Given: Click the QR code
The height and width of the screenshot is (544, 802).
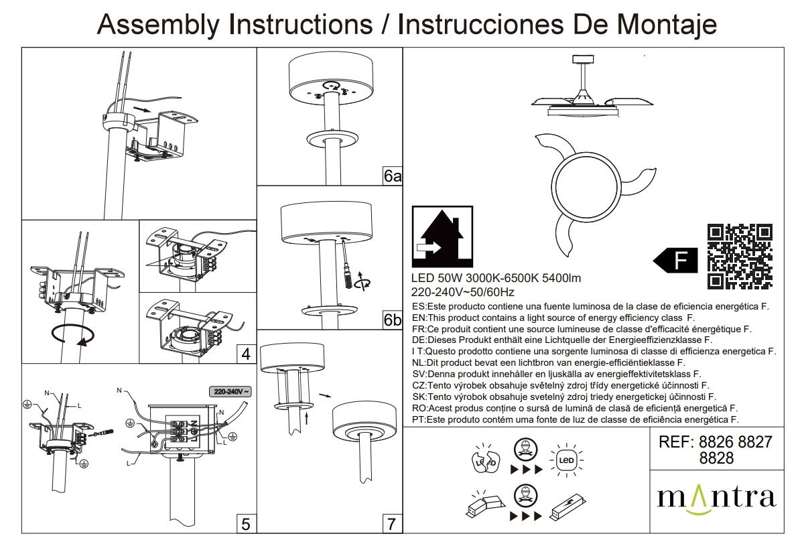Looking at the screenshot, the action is (740, 256).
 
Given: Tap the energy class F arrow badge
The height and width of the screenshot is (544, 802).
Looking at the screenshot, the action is (675, 261).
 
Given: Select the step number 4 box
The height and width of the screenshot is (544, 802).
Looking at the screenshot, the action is (246, 354).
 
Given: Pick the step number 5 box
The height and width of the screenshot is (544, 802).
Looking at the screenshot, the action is (246, 524).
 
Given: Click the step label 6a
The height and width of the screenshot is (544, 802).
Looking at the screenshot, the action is (393, 176).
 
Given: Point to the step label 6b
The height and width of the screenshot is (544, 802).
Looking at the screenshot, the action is (393, 320).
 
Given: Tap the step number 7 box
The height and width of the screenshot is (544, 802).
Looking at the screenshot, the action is (392, 524).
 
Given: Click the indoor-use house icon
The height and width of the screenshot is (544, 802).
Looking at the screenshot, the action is (442, 236).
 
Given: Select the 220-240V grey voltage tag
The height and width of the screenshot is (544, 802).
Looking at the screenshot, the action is (230, 392).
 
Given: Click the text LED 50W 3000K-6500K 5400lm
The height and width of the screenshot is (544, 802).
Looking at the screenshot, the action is (496, 279).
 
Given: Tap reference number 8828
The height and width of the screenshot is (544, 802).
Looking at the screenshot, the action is (716, 458).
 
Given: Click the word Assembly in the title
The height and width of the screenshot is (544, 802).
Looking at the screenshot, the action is (159, 24).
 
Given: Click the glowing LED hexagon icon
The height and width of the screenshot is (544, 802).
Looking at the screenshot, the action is (565, 460).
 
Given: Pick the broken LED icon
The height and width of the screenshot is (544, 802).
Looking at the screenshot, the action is (483, 459).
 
